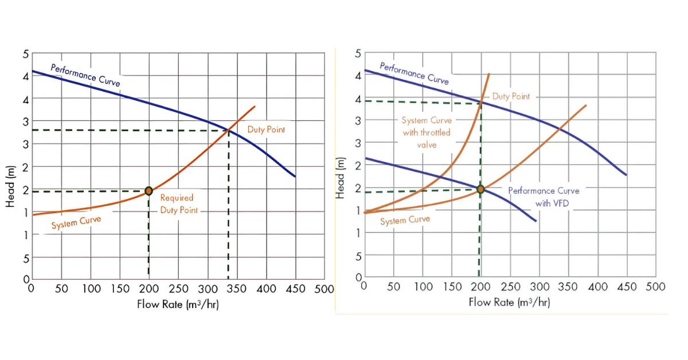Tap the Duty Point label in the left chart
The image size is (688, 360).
[266, 130]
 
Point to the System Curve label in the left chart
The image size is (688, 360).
[76, 222]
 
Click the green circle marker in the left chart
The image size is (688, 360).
[148, 191]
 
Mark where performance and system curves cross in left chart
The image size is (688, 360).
[229, 130]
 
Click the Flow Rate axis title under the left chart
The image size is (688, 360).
[178, 304]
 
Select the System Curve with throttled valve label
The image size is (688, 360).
[426, 133]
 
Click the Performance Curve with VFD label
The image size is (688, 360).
[544, 197]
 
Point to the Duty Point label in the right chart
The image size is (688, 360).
[511, 97]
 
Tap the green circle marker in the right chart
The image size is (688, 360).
[480, 189]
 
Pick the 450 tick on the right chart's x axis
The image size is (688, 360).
[627, 287]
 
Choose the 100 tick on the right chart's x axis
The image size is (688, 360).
[423, 287]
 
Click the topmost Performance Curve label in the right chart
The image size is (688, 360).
[414, 74]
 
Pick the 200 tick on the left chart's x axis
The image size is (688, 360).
[149, 289]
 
